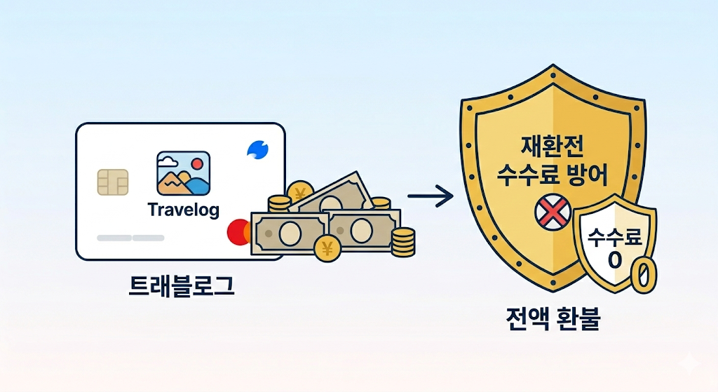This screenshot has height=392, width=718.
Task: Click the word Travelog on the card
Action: (x=184, y=209)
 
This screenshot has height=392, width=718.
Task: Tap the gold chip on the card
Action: (x=113, y=184)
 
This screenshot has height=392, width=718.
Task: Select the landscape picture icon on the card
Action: (x=184, y=173)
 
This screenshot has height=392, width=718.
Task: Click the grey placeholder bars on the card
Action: (x=130, y=238)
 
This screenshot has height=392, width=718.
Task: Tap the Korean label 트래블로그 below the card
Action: (x=182, y=286)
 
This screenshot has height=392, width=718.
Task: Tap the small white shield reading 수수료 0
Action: (x=614, y=242)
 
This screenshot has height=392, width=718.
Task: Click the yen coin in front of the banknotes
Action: (x=327, y=248)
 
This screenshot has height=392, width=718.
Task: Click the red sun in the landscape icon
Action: (x=197, y=163)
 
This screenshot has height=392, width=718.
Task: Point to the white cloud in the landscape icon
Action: (x=167, y=161)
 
